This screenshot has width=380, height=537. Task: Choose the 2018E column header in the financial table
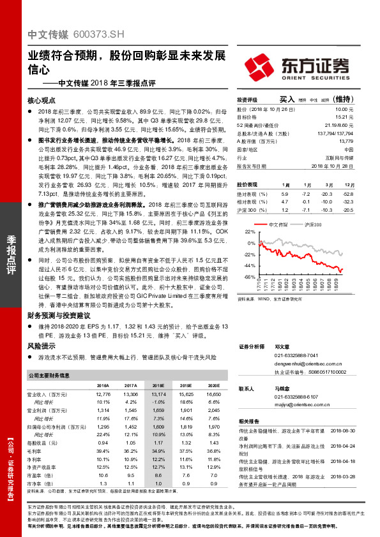(158, 386)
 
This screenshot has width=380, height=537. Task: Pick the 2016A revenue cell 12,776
(102, 395)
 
